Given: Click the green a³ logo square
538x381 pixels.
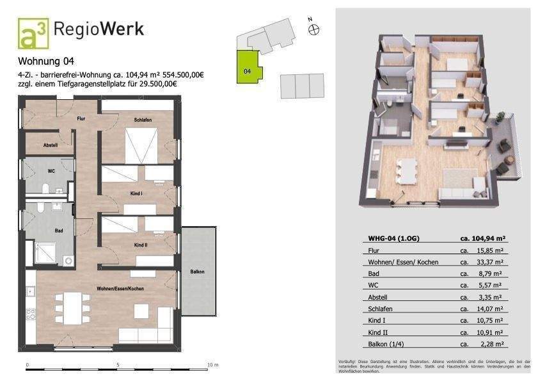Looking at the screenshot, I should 33,33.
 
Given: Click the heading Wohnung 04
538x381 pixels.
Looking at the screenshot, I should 46,62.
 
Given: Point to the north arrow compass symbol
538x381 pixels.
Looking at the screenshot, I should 313,29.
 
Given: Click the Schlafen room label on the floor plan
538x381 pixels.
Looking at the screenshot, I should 142,120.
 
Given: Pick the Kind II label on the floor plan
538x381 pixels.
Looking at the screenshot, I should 141,245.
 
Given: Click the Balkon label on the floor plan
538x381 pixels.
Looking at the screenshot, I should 198,272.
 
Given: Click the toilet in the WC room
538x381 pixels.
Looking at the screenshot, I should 46,188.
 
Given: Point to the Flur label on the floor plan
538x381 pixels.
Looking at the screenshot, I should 81,118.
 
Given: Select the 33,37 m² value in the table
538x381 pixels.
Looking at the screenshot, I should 490,262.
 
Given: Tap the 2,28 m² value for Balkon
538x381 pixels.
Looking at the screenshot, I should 492,343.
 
